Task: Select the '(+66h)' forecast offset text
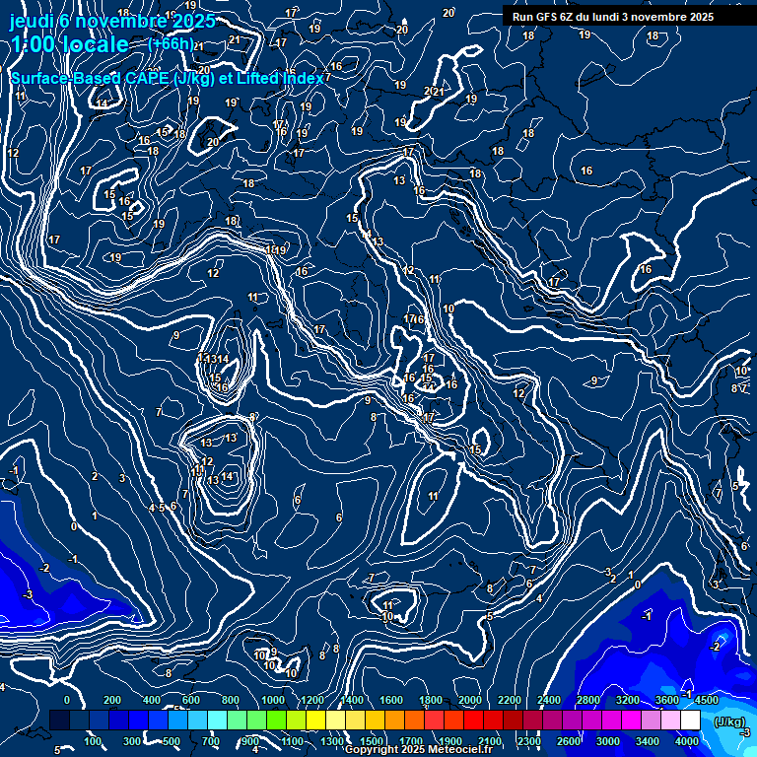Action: pos(171,43)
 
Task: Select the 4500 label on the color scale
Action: pos(707,700)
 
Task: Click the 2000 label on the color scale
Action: pos(470,700)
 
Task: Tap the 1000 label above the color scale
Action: pos(273,700)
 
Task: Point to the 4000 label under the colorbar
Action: pos(687,741)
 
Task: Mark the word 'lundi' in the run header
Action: pos(621,17)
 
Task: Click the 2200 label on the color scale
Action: pos(510,700)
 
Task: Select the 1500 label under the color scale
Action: pos(372,741)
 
